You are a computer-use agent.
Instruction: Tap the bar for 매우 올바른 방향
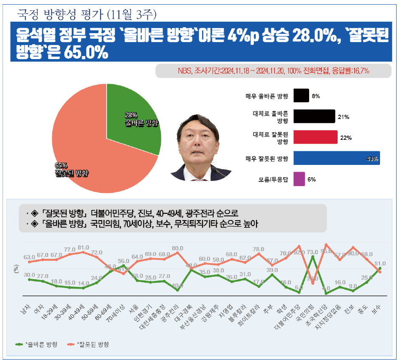pyautogui.click(x=301, y=96)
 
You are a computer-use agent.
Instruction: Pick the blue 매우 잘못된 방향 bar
pyautogui.click(x=336, y=159)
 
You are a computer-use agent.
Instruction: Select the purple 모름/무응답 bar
pyautogui.click(x=299, y=179)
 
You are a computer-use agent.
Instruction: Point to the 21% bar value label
pyautogui.click(x=343, y=116)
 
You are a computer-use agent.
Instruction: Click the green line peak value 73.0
pyautogui.click(x=313, y=252)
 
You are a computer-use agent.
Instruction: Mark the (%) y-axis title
pyautogui.click(x=17, y=269)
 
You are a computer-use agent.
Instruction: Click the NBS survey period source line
pyautogui.click(x=273, y=71)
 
